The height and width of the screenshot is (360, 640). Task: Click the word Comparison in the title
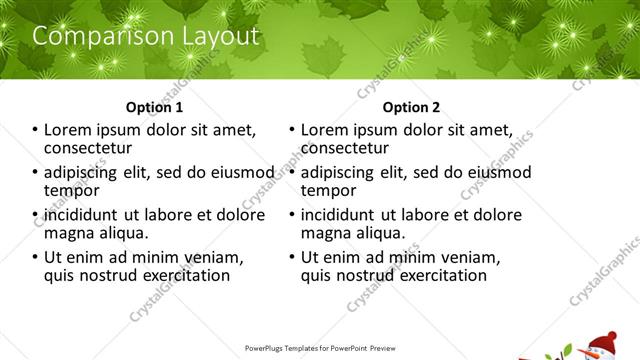point(95,37)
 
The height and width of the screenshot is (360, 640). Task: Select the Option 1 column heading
point(154,107)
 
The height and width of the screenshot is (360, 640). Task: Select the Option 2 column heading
point(411,107)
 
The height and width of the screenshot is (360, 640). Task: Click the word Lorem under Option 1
point(69,130)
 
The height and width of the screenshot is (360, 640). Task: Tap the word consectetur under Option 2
point(345,149)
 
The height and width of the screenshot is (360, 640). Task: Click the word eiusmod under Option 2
point(496,172)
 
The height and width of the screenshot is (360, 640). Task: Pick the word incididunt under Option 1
point(86,214)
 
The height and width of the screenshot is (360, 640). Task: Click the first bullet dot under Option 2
point(291,131)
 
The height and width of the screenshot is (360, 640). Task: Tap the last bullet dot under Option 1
point(35,257)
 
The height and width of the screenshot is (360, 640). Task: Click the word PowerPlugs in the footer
point(265,349)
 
